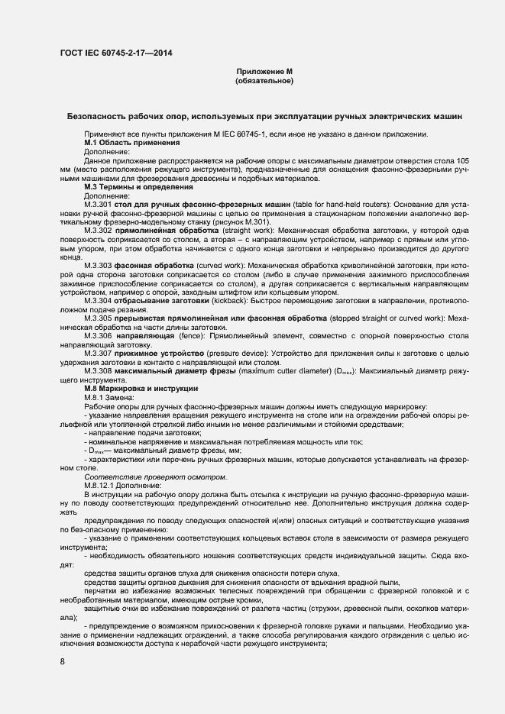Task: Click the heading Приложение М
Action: tap(264, 72)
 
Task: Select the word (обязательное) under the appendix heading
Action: tap(264, 80)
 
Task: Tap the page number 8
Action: tap(62, 661)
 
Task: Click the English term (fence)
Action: tap(171, 335)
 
